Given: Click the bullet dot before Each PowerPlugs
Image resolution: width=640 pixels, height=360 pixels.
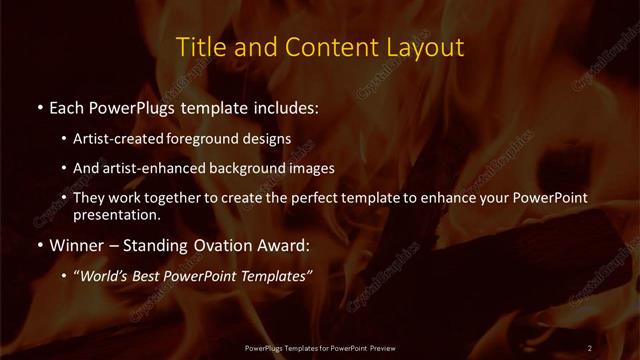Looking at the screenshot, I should tap(39, 105).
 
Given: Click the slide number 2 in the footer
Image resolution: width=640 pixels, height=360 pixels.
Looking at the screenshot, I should tap(590, 347).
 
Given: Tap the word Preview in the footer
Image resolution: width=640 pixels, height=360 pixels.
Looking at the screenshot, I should tap(381, 347).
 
